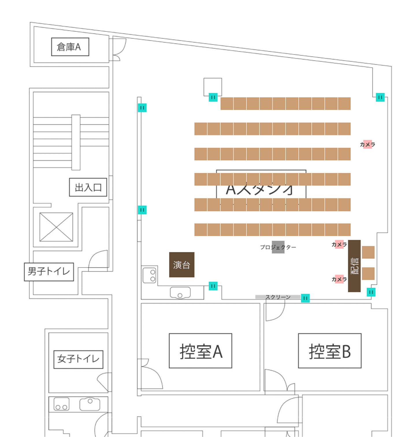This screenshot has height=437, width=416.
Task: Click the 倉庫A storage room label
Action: click(70, 47)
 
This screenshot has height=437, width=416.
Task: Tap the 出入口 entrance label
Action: click(88, 187)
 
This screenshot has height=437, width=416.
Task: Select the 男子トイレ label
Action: click(49, 272)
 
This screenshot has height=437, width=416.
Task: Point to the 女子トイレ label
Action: click(78, 359)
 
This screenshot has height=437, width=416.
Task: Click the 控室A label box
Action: click(200, 351)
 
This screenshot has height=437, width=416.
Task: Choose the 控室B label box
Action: click(329, 351)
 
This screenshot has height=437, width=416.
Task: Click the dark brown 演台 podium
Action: click(181, 265)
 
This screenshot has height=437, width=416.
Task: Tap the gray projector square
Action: click(278, 247)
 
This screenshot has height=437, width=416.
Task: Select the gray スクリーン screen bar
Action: click(277, 297)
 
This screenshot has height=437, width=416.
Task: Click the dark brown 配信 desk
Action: click(354, 266)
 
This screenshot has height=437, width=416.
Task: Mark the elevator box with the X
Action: click(56, 227)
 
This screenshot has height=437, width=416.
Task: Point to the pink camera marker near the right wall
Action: click(367, 144)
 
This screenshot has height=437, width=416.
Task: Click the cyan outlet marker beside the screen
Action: click(305, 298)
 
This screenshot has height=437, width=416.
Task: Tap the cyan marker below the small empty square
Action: click(213, 97)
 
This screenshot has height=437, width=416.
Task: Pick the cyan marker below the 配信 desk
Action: click(371, 292)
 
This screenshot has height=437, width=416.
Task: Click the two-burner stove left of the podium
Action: click(149, 275)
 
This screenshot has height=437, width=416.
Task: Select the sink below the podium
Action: click(180, 293)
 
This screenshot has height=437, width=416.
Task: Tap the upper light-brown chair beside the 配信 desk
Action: click(368, 252)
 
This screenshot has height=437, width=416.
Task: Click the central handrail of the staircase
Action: click(76, 142)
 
